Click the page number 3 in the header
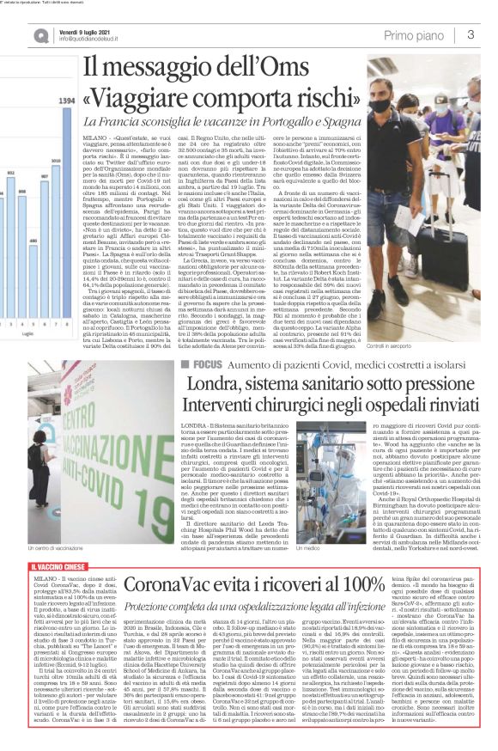pyautogui.click(x=471, y=34)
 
